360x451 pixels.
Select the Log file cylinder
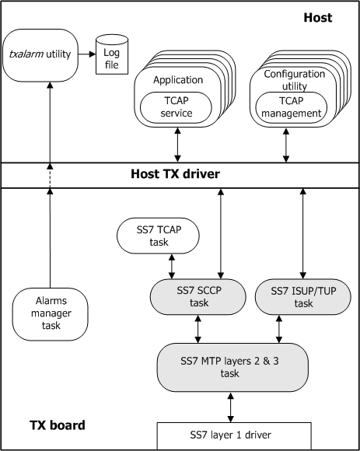click(x=110, y=56)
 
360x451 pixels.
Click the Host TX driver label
click(x=180, y=174)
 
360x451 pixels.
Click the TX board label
click(x=58, y=425)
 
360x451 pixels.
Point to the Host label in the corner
click(x=317, y=17)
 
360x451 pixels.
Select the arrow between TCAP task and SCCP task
click(x=172, y=267)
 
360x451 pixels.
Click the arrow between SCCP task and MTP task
click(x=197, y=329)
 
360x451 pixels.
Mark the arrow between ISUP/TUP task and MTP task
click(x=279, y=329)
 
